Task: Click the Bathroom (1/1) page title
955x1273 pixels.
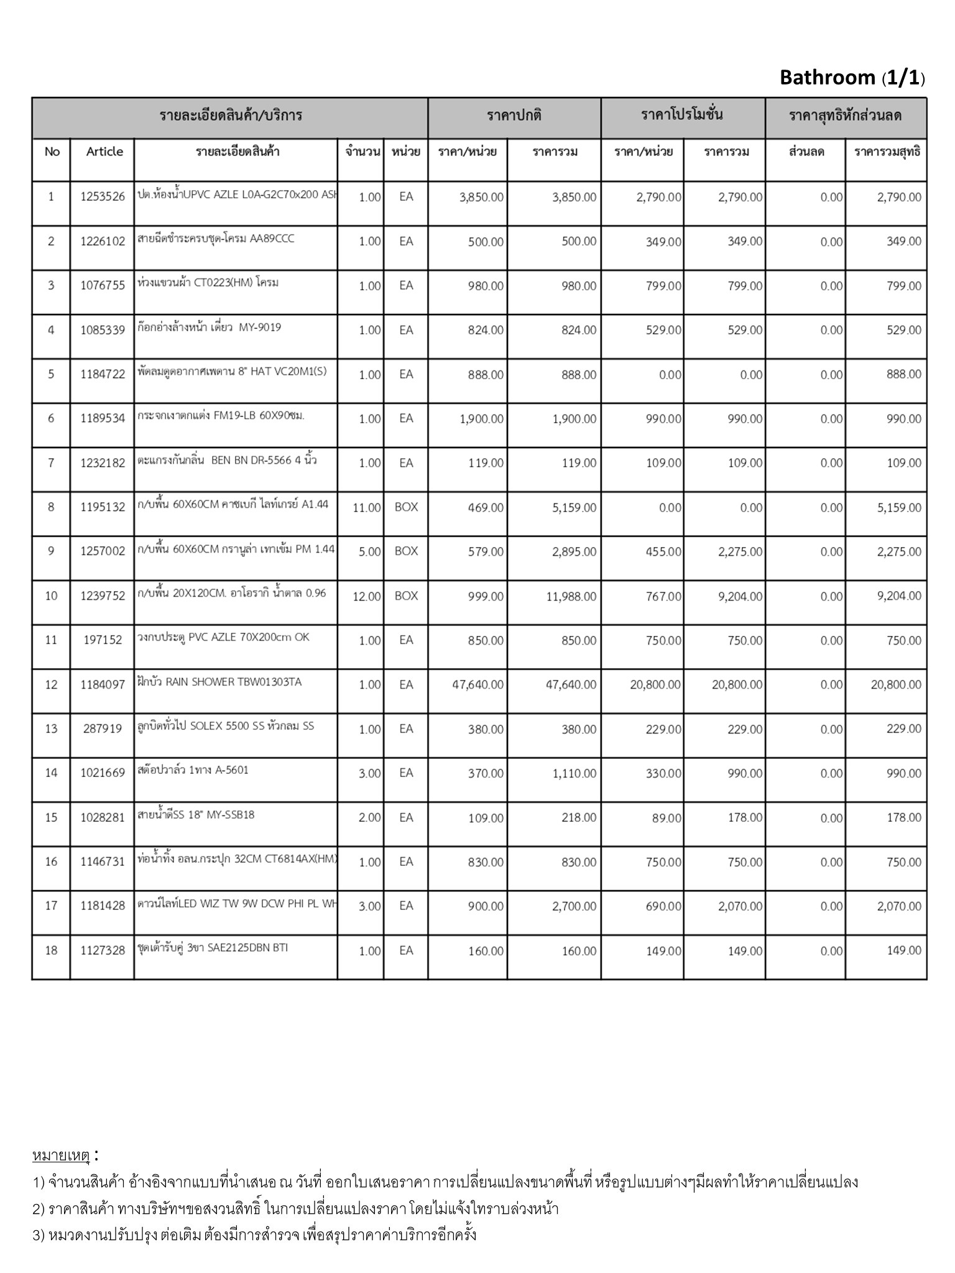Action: (852, 78)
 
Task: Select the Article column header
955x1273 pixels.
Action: (104, 152)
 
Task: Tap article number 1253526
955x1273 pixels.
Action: (103, 197)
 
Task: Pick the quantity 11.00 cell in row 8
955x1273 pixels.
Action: (366, 508)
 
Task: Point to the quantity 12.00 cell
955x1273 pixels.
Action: (366, 596)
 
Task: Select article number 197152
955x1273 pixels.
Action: (103, 640)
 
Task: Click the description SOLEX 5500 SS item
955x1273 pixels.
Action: (226, 725)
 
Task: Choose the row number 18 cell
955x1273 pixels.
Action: (51, 950)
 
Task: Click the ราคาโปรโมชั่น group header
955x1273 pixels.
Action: (682, 115)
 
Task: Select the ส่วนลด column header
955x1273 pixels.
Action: (806, 152)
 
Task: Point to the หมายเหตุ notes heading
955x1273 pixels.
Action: (61, 1156)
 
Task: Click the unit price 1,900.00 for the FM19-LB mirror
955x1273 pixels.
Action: (481, 419)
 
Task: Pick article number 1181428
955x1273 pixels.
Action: (103, 906)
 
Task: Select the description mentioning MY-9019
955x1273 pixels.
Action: (210, 327)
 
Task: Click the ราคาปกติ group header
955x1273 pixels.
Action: (514, 115)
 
